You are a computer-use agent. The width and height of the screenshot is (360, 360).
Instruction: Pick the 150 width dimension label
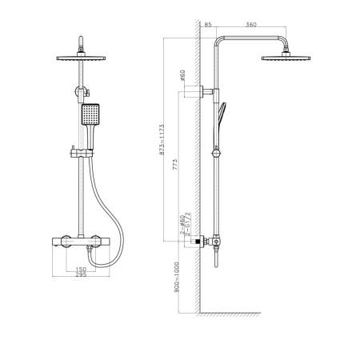pos(81,270)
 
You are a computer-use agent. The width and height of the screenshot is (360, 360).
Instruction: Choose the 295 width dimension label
pos(81,276)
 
